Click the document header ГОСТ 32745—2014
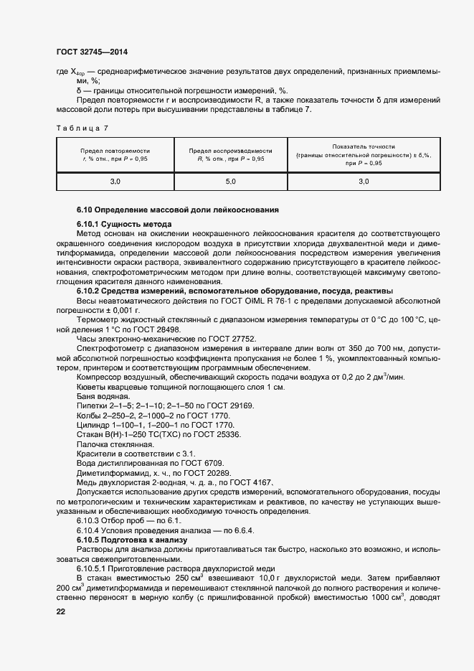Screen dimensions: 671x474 coord(92,52)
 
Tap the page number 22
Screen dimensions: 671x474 coord(61,611)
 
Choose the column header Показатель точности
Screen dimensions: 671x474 coord(364,146)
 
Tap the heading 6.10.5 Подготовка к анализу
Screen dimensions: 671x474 coord(131,539)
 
